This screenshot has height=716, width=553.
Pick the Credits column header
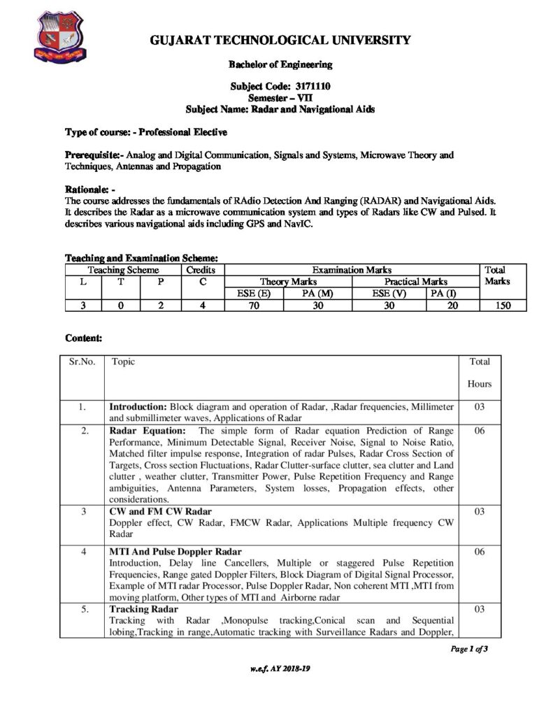pos(201,270)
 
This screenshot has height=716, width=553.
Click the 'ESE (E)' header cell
pos(254,293)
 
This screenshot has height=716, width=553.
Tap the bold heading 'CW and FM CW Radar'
pos(160,512)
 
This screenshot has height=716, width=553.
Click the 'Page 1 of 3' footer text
pos(468,648)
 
